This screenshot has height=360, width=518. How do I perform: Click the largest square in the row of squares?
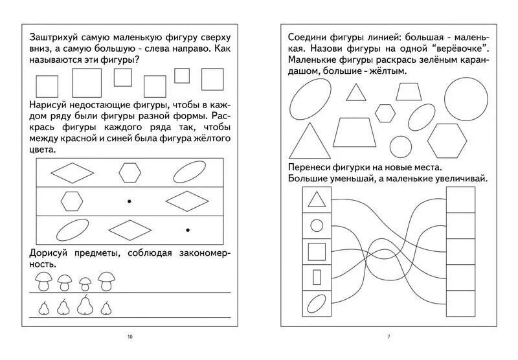click(87, 83)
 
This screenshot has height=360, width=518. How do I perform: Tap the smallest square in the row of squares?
click(182, 76)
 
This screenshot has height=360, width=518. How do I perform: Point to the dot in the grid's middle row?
click(129, 201)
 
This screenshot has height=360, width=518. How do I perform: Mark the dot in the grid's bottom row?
click(188, 230)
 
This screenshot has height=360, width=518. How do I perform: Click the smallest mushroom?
click(85, 284)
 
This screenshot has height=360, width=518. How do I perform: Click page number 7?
click(388, 336)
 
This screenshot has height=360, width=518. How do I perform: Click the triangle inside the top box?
click(317, 199)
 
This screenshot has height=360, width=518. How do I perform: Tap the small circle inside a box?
click(317, 225)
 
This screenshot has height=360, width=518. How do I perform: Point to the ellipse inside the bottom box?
click(317, 303)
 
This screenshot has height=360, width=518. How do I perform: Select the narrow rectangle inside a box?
click(317, 277)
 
